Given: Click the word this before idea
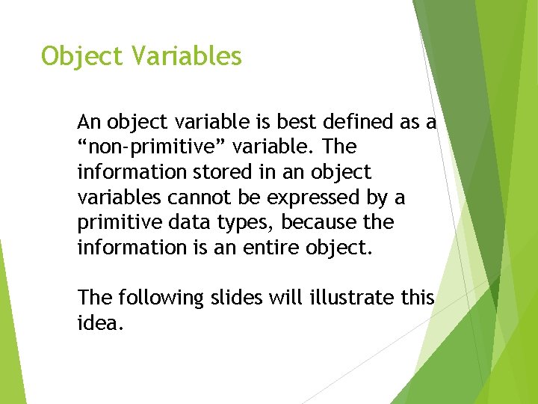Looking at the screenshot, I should (417, 298).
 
